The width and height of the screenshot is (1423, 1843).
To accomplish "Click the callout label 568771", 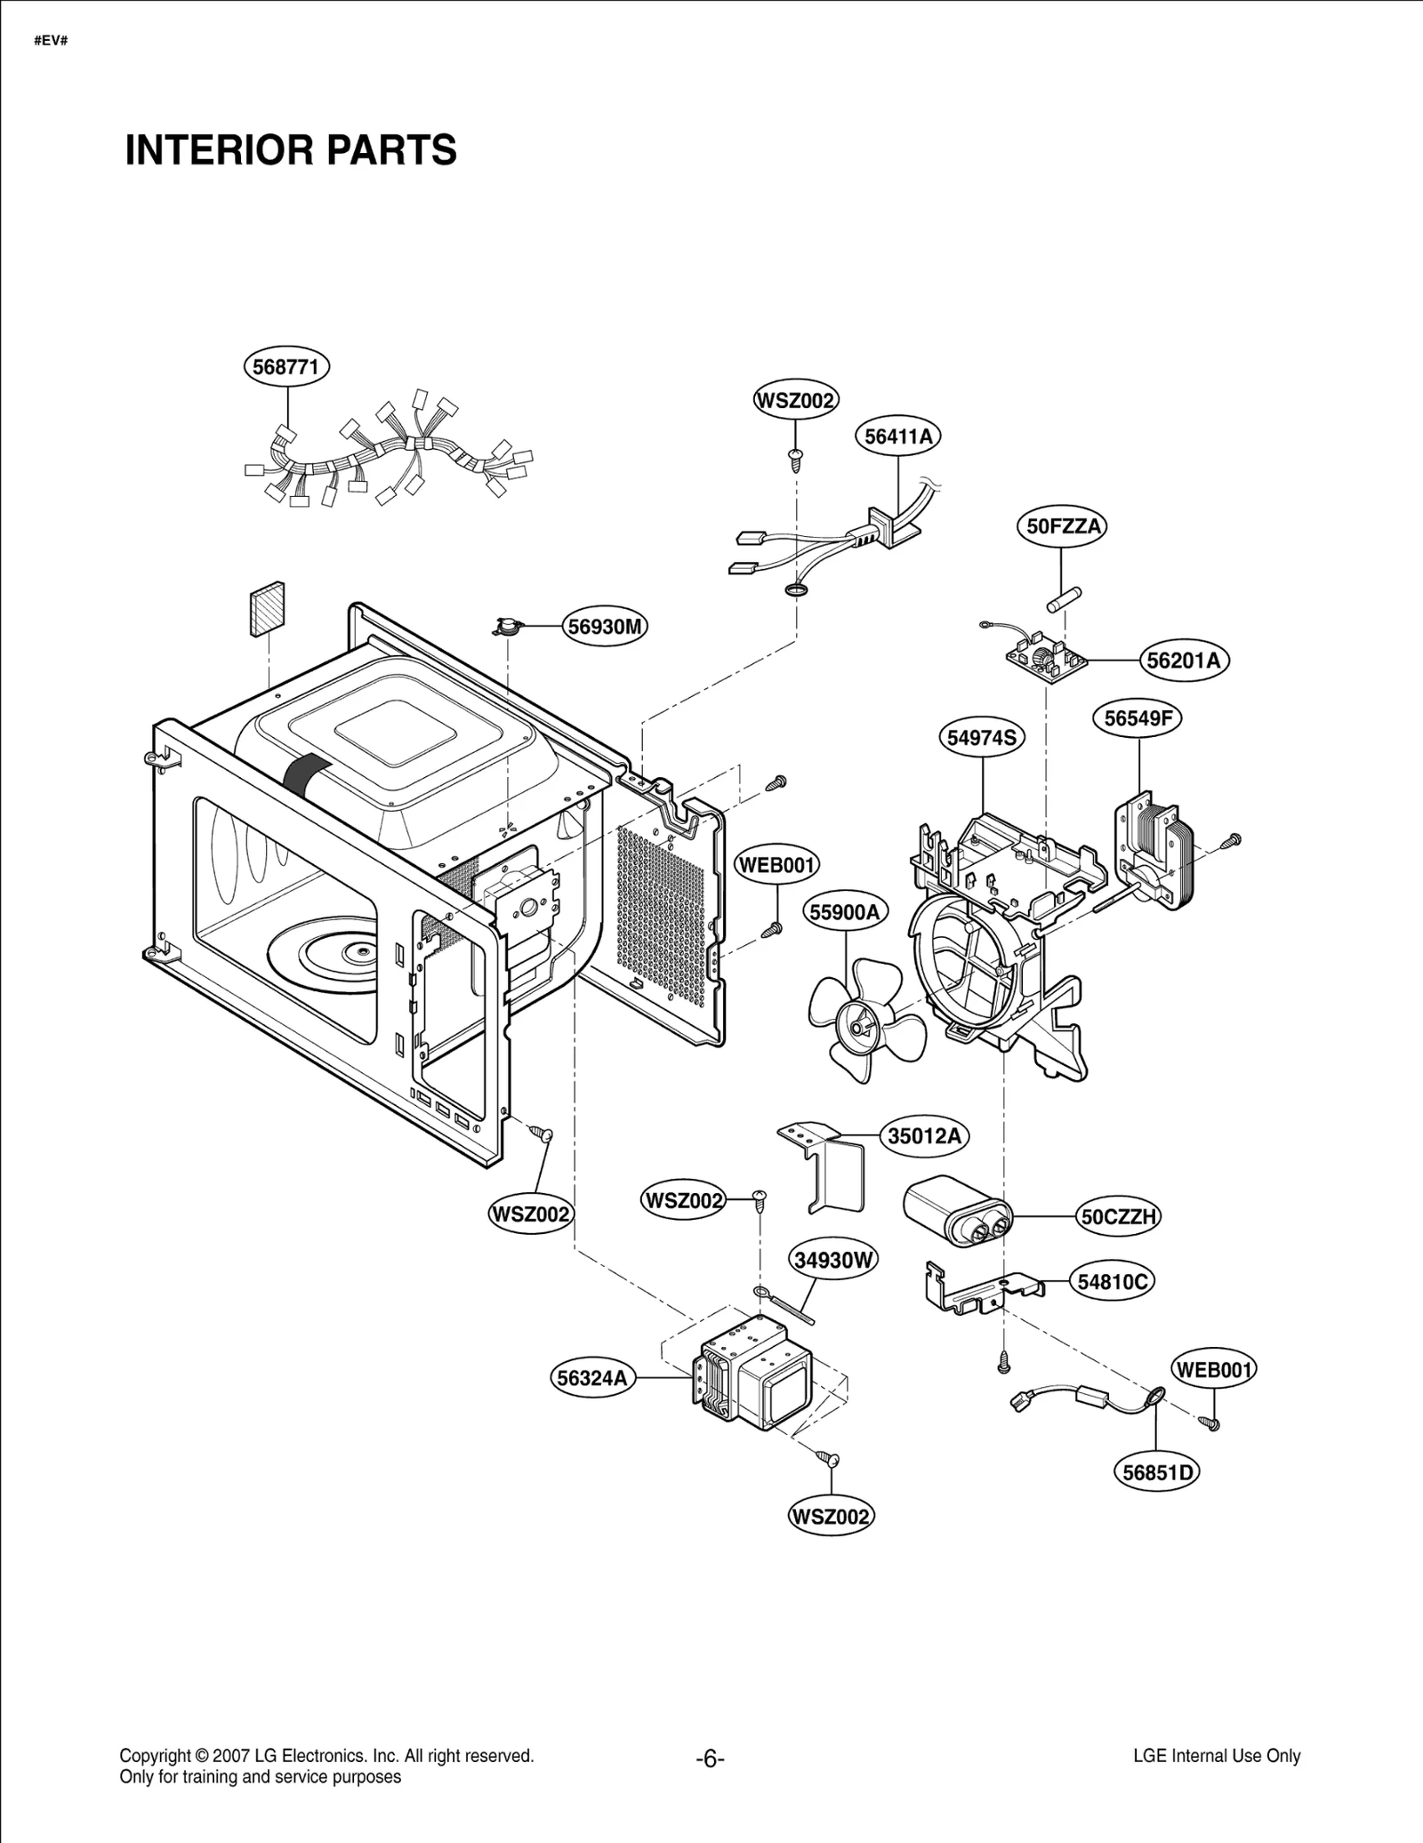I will coord(286,367).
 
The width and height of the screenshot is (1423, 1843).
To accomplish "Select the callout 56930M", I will coord(605,627).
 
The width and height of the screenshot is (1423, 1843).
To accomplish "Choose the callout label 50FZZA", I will coord(1062,526).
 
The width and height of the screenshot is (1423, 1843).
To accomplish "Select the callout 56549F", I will coord(1138,718).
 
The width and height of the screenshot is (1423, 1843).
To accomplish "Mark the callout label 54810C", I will coord(1113,1282).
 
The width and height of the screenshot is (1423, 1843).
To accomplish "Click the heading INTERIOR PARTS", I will coord(291,150).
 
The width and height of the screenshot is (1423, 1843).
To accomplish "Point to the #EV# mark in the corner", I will coord(51,41).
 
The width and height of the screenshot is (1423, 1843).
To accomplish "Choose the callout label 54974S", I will coord(981,738).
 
